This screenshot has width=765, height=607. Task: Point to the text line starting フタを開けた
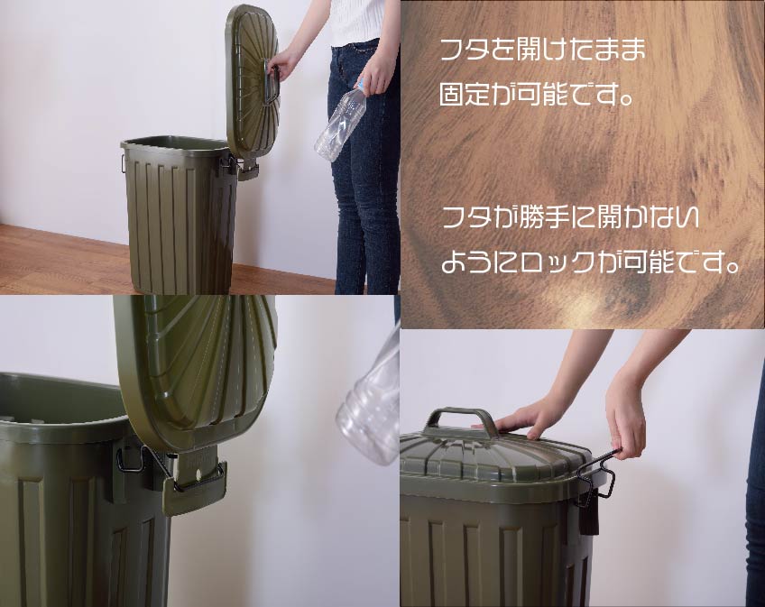(x=542, y=50)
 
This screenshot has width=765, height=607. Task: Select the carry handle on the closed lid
(x=461, y=421)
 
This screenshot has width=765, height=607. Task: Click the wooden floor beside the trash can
(x=63, y=262)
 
